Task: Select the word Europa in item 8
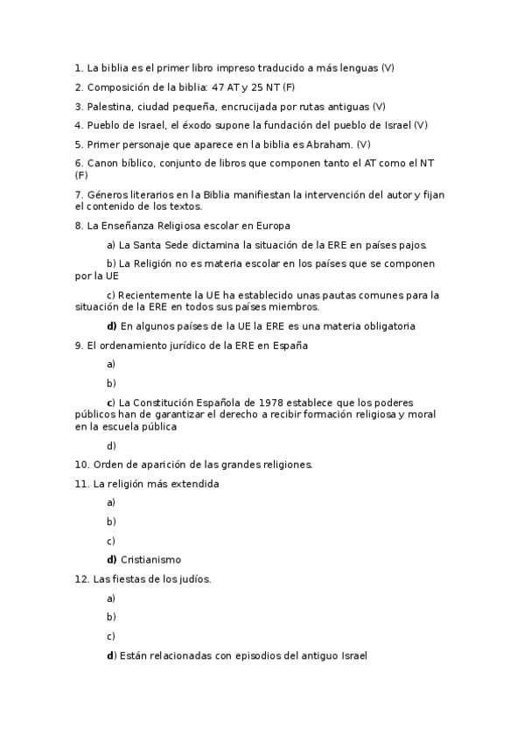pyautogui.click(x=273, y=225)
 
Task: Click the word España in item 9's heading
pyautogui.click(x=289, y=345)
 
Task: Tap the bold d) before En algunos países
pyautogui.click(x=111, y=326)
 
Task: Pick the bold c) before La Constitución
pyautogui.click(x=111, y=402)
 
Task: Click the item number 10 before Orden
pyautogui.click(x=81, y=464)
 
